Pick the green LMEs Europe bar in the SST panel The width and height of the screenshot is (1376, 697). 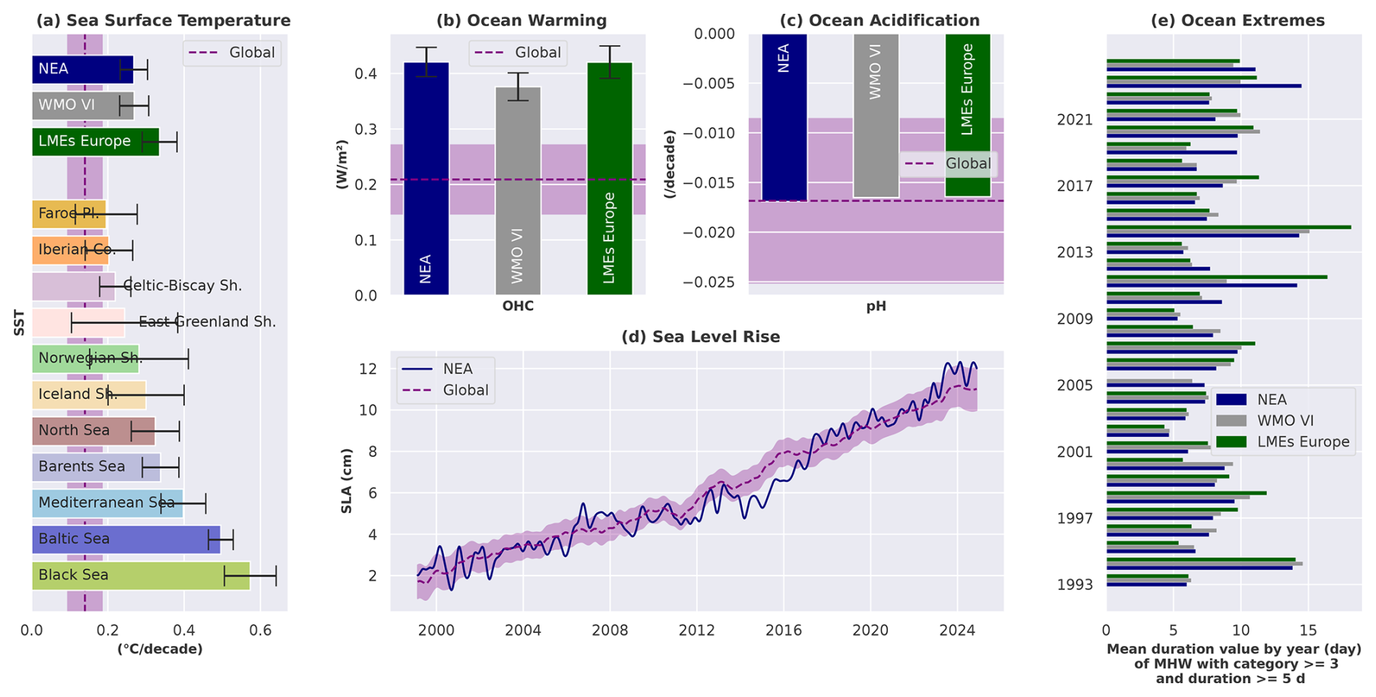click(x=95, y=141)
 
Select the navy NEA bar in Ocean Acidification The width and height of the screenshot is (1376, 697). click(x=784, y=116)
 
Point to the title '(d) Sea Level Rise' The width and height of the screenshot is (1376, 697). click(x=700, y=337)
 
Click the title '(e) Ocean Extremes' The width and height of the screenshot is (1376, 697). click(x=1237, y=20)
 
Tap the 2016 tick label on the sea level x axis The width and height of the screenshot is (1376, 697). click(x=783, y=630)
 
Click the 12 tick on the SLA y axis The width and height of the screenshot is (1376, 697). click(x=368, y=369)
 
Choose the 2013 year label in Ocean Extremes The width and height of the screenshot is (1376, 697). click(x=1075, y=253)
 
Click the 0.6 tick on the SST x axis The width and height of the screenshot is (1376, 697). click(x=260, y=630)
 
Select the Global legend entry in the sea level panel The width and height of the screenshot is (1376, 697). click(x=465, y=390)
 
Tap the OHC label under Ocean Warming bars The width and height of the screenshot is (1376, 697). click(x=518, y=307)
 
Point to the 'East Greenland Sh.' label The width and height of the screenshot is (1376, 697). click(x=207, y=322)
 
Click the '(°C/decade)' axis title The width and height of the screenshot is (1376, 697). click(x=160, y=649)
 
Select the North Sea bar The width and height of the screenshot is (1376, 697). click(x=93, y=431)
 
